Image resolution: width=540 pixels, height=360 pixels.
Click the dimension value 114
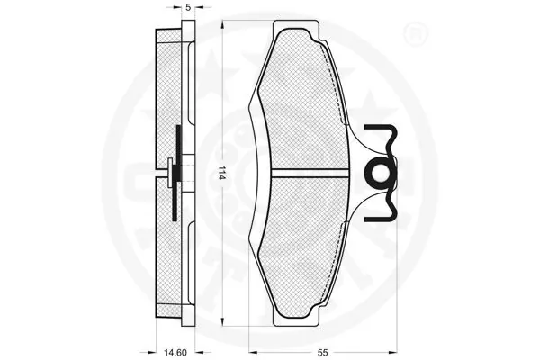tap(220, 173)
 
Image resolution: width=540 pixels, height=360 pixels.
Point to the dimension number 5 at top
tap(187, 7)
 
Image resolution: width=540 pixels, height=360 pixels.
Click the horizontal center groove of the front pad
tap(309, 169)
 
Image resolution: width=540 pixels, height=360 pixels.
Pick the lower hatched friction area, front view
tap(301, 238)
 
